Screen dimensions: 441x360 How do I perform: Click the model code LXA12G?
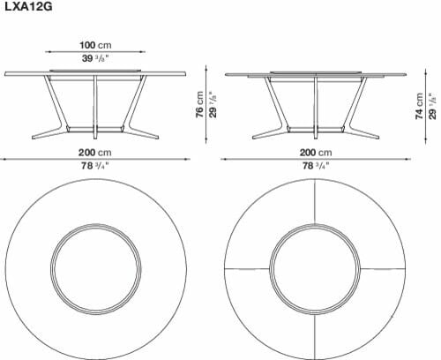[x=28, y=6]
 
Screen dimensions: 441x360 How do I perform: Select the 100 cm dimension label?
[x=95, y=45]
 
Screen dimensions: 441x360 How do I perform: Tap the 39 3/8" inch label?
[x=95, y=58]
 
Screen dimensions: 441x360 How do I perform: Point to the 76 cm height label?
[x=199, y=104]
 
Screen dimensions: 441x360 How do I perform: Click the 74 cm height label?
[x=419, y=106]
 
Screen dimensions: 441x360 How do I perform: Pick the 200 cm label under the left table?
[x=95, y=153]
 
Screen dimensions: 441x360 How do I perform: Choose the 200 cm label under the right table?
[x=316, y=153]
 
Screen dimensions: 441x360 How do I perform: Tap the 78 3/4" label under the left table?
[x=95, y=166]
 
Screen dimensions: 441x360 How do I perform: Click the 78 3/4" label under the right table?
[x=316, y=166]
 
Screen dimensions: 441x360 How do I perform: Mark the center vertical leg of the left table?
[x=95, y=107]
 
